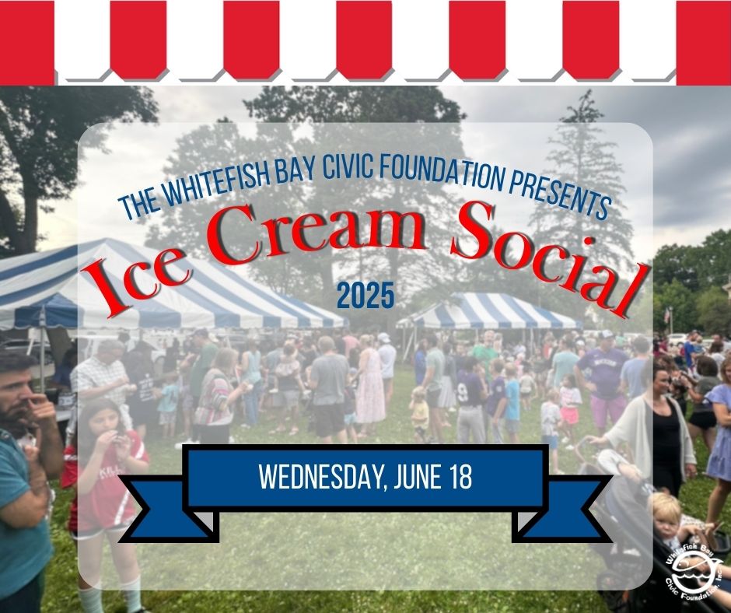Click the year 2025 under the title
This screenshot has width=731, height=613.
(x=365, y=296)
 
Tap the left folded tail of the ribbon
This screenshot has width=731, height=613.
(x=168, y=509)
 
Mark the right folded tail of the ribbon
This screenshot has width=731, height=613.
(x=561, y=509)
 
